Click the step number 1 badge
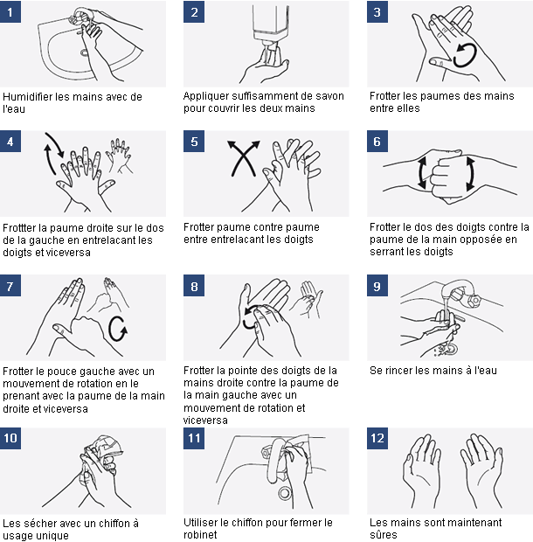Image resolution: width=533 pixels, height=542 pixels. click(11, 12)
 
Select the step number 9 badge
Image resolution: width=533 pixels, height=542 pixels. click(377, 286)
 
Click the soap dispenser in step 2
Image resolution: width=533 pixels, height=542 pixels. click(271, 26)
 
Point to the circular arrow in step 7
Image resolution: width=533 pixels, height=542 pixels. click(119, 330)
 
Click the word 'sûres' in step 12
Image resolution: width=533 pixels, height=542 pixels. click(383, 535)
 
